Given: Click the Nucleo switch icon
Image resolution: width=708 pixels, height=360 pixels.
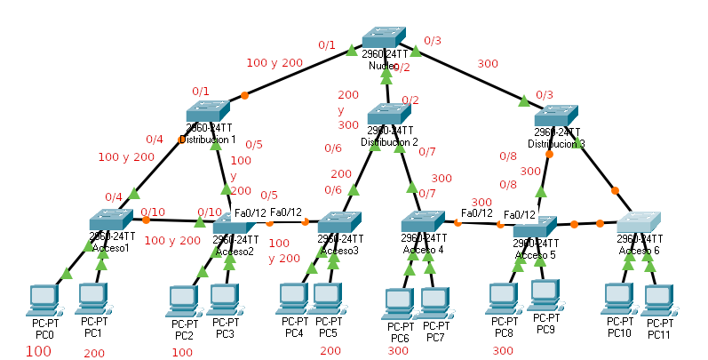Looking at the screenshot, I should [x=385, y=37].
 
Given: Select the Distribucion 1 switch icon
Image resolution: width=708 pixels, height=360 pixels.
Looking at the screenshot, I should [x=209, y=112].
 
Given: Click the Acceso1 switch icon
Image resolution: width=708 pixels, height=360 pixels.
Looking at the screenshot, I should [x=111, y=220].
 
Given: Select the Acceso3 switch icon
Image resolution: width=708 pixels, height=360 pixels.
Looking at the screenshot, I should [x=339, y=221].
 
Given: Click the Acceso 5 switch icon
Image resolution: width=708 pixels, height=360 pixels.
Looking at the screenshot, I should [x=536, y=226].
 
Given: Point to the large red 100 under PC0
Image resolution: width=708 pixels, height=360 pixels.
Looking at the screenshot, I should [x=38, y=351].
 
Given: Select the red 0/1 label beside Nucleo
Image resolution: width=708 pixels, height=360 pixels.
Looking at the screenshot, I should [x=327, y=44].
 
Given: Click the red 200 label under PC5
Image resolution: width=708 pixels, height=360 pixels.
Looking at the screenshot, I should [x=330, y=351].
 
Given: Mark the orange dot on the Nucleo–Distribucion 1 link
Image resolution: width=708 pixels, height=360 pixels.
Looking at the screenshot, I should [x=244, y=95].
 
